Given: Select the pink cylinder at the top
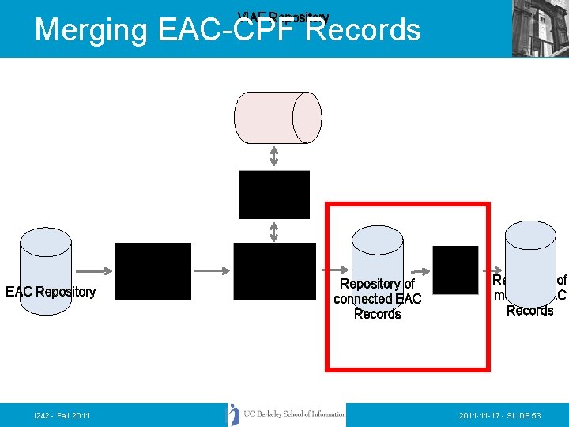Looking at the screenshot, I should coord(277,118).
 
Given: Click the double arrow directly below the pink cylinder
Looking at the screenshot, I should coord(274,156).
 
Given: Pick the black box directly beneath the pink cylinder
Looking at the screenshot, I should coord(274,194).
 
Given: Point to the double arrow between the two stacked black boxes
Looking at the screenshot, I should coord(274,231).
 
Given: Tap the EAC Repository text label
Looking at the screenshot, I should coord(51,292).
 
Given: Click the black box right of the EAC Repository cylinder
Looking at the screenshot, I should coord(153,271).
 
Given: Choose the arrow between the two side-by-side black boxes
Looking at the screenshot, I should coord(212,270).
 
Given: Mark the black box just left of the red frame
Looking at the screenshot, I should coord(274,271).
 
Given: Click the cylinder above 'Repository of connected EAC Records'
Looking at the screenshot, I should coord(377,251).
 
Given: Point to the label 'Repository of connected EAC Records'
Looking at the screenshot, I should coord(377,299).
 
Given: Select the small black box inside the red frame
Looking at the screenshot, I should coord(455,270).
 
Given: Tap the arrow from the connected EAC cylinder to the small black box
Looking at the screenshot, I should coord(417,270).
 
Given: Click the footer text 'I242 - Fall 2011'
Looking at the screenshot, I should coord(62,415).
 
